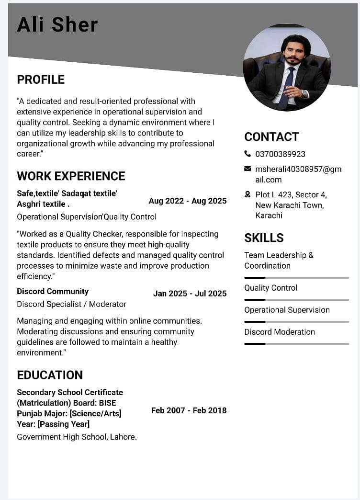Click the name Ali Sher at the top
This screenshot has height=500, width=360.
pos(57,25)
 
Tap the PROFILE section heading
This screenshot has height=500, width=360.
pos(41,80)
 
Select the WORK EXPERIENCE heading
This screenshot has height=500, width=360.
pos(71,176)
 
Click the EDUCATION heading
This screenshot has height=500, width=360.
pos(50,375)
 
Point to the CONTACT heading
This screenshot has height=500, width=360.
pos(271,137)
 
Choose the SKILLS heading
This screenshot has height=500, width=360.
pos(264,238)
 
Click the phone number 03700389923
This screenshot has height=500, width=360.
pos(280,154)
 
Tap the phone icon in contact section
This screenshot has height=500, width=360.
pos(247,154)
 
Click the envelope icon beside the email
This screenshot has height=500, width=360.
pos(247,169)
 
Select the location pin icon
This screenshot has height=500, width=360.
pos(247,194)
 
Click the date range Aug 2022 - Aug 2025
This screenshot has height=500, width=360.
pos(188,201)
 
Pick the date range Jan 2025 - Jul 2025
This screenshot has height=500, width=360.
pos(190,294)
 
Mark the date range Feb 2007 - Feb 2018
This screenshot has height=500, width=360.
pos(189,410)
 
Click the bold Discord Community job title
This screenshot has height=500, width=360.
pos(53,291)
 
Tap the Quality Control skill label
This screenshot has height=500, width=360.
pos(270,288)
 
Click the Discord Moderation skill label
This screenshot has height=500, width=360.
pos(280,332)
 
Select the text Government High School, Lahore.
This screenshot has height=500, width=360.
pos(77,437)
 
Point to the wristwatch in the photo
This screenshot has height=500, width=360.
pos(304,94)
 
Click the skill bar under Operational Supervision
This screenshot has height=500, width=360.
pos(296,321)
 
